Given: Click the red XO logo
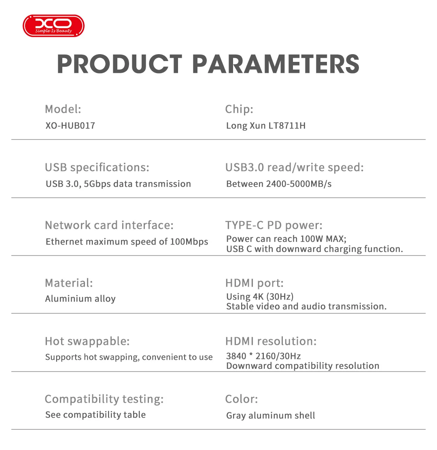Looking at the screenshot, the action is pyautogui.click(x=53, y=26).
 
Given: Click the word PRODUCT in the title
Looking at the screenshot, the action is pyautogui.click(x=119, y=64).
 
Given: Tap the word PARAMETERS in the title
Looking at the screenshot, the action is pyautogui.click(x=276, y=64).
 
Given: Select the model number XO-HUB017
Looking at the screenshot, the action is pyautogui.click(x=70, y=126).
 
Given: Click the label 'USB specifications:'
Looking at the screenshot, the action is pyautogui.click(x=97, y=167).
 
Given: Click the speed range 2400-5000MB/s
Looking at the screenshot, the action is pyautogui.click(x=299, y=184).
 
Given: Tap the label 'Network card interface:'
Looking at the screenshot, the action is pyautogui.click(x=109, y=225).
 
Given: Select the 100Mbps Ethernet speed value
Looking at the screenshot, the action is pyautogui.click(x=189, y=242).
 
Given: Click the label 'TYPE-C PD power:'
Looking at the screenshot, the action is pyautogui.click(x=274, y=225).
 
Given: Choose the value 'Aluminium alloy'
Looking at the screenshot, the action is pyautogui.click(x=81, y=299).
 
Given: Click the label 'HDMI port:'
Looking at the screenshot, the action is pyautogui.click(x=255, y=283).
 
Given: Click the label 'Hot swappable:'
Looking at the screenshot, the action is pyautogui.click(x=87, y=341).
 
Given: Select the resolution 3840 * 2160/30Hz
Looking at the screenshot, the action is pyautogui.click(x=263, y=356).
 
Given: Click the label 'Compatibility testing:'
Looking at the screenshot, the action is pyautogui.click(x=104, y=399).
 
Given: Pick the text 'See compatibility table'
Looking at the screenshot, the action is pyautogui.click(x=95, y=415).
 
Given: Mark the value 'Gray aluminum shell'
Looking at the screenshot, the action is pyautogui.click(x=270, y=416).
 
